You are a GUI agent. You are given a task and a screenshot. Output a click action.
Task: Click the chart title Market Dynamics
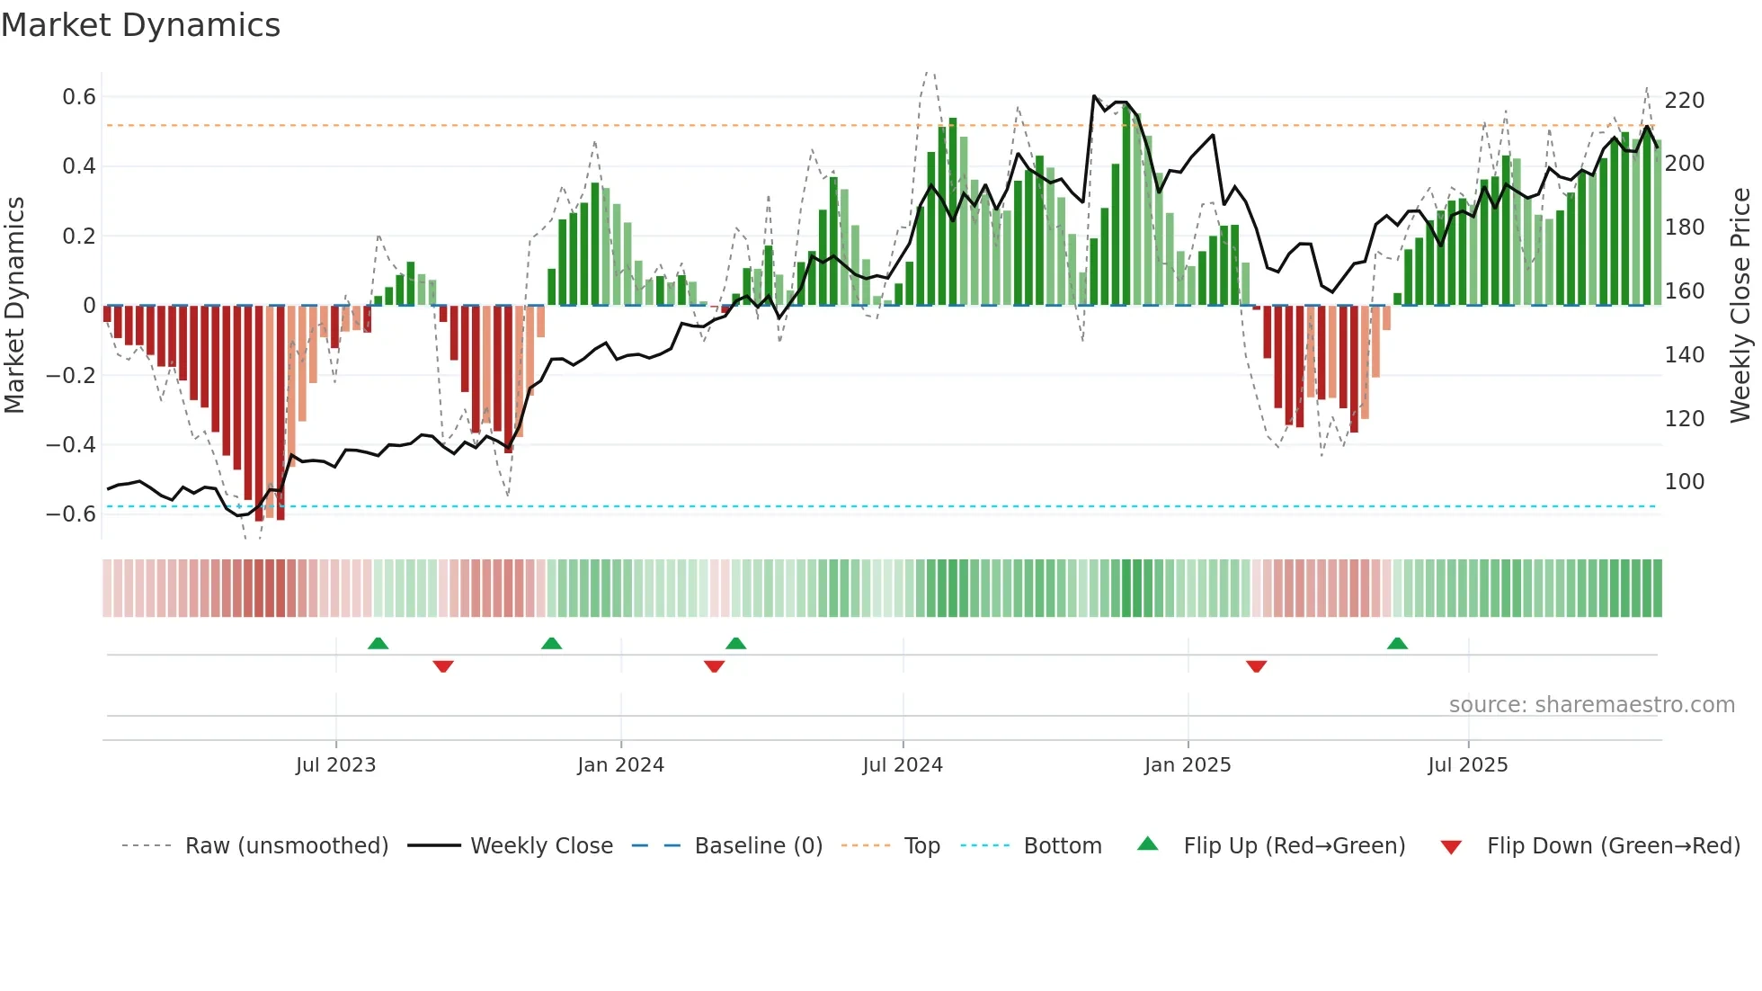[x=140, y=25]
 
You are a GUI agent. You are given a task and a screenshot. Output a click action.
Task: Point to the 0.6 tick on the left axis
[x=79, y=97]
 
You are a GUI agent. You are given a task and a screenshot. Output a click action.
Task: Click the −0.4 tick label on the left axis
[x=71, y=445]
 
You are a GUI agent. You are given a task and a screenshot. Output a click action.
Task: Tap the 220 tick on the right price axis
[x=1684, y=100]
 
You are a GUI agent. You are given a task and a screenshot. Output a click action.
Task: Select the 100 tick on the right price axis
[x=1684, y=482]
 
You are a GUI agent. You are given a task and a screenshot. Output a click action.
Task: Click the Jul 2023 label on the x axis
[x=335, y=765]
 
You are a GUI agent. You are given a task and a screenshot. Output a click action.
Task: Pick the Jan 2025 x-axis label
[x=1187, y=765]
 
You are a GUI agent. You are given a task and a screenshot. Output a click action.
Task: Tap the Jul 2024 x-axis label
[x=903, y=765]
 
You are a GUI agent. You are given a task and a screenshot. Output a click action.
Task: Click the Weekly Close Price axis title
[x=1740, y=306]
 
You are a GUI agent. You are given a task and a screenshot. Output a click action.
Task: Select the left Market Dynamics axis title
[x=14, y=306]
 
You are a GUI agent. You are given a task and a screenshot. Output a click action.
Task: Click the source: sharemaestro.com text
[x=1591, y=705]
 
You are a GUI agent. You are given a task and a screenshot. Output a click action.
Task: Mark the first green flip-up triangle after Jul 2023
[x=378, y=644]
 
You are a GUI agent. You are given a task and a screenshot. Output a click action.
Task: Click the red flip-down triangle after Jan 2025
[x=1256, y=666]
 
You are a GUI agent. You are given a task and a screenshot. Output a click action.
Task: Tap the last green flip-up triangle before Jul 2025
[x=1397, y=644]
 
